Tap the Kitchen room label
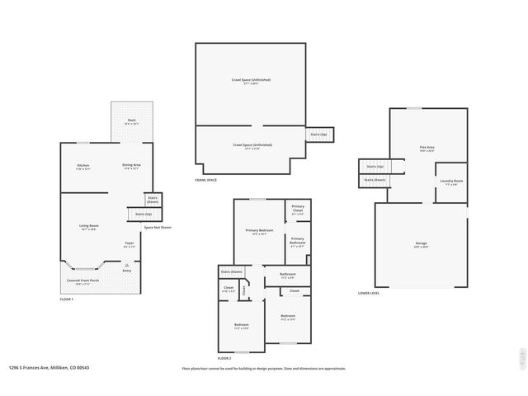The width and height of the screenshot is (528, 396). coord(83,167)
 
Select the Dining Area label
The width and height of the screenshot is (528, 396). coord(131,166)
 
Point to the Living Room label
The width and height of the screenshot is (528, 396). coord(88,227)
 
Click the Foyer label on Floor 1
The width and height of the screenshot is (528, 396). coord(130,244)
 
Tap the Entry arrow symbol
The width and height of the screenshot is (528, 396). coord(126,265)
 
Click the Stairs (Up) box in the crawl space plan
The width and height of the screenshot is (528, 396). coord(318,134)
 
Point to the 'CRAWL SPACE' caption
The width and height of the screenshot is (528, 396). coord(206,179)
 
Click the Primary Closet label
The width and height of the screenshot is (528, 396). coord(298,210)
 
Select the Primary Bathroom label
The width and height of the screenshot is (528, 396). coord(298,242)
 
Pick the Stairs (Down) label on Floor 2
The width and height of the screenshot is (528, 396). coord(231,271)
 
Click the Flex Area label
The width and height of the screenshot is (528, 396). coord(427,148)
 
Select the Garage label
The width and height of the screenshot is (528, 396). coord(421,244)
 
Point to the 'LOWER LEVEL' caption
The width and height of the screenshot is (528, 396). coord(369,293)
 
